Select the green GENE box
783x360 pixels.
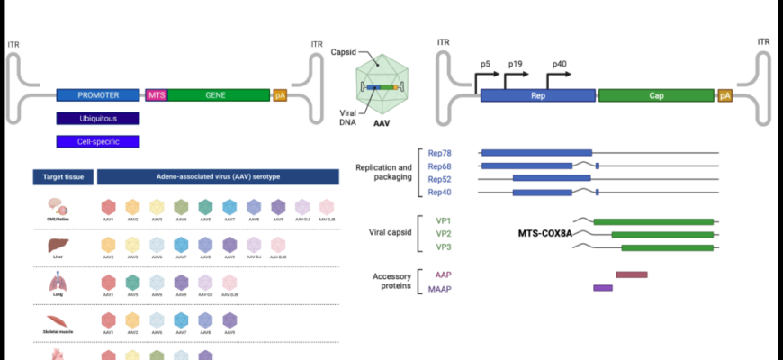[218, 94]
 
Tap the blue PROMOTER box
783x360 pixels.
[98, 94]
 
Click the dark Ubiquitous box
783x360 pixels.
[98, 118]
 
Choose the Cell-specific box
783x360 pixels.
[98, 141]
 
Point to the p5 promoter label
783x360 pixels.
[485, 65]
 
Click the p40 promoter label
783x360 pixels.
[560, 65]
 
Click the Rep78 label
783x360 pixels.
[439, 153]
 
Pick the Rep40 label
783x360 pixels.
[439, 192]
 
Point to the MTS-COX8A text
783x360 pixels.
[545, 234]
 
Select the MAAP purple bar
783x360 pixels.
[603, 288]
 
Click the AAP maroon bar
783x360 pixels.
[632, 274]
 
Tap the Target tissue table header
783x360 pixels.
[58, 177]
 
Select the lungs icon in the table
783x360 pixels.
[56, 283]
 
